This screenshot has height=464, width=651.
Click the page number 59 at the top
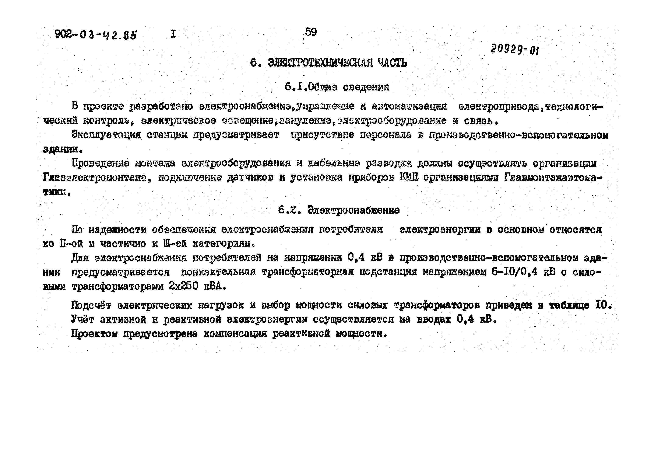311,32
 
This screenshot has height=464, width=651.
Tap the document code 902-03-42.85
96,35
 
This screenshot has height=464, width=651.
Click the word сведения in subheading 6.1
366,87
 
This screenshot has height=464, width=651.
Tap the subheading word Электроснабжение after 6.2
354,211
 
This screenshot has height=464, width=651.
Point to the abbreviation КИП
409,178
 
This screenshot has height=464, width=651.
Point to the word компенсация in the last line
235,334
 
